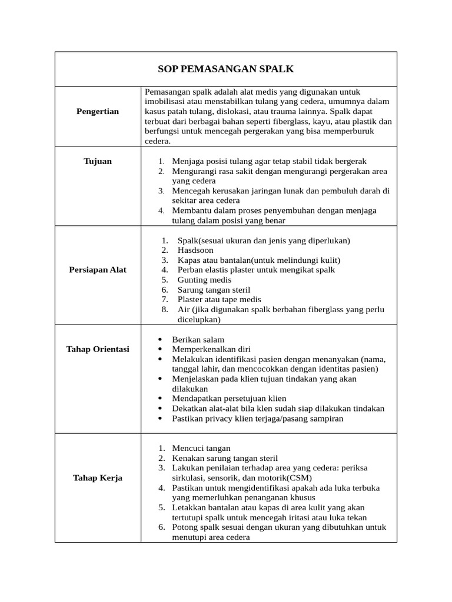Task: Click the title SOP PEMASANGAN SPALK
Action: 226,69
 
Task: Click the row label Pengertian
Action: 98,111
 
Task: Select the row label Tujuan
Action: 98,161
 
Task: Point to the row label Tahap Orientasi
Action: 98,349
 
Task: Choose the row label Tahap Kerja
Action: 98,478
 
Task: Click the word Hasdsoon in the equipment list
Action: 195,250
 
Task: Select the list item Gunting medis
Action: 204,280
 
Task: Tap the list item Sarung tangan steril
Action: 214,290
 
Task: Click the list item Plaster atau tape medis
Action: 219,300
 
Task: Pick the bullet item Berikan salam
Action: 198,340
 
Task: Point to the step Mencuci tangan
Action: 201,448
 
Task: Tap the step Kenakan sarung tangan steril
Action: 225,458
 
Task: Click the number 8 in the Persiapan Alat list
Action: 165,310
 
